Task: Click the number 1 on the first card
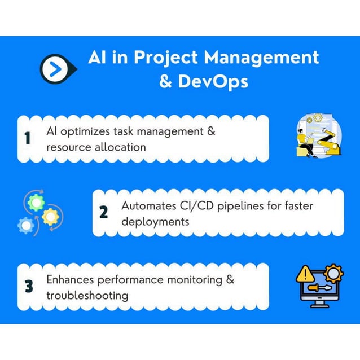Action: (x=28, y=139)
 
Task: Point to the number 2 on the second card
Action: (x=103, y=213)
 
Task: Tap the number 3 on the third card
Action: (x=28, y=287)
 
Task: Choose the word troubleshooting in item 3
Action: (x=87, y=295)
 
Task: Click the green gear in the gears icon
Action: (x=36, y=203)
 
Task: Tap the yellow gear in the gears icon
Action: (x=50, y=216)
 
